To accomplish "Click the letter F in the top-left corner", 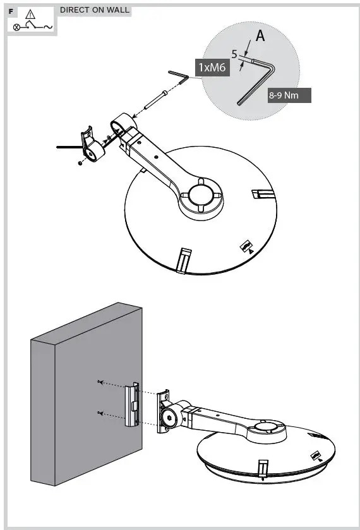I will pyautogui.click(x=11, y=12).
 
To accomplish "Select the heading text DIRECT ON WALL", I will pyautogui.click(x=95, y=10).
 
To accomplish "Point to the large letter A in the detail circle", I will pyautogui.click(x=260, y=37).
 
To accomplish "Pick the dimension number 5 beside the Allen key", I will pyautogui.click(x=234, y=54).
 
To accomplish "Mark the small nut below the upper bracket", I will pyautogui.click(x=80, y=163).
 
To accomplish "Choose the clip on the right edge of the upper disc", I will pyautogui.click(x=260, y=193).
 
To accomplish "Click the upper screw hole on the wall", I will pyautogui.click(x=100, y=382).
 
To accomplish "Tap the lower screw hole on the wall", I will pyautogui.click(x=100, y=413).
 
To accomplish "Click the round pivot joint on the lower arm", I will pyautogui.click(x=169, y=418).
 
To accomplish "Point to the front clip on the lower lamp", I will pyautogui.click(x=262, y=469).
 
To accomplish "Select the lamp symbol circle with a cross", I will pyautogui.click(x=16, y=27).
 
